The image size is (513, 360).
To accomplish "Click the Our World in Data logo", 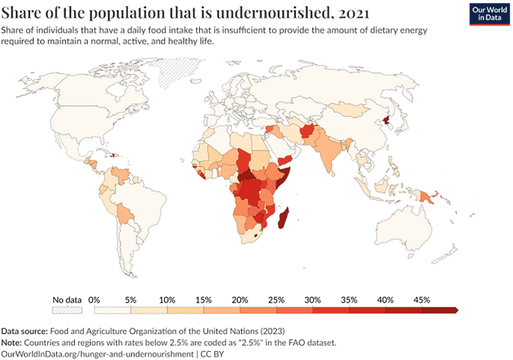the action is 490,14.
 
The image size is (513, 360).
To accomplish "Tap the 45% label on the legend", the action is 422,300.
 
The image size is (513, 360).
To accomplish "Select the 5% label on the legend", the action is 130,300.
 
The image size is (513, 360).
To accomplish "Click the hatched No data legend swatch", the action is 67,310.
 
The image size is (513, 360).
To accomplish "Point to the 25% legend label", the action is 276,300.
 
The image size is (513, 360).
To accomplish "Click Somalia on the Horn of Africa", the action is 285,177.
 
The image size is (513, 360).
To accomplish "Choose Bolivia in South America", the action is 125,213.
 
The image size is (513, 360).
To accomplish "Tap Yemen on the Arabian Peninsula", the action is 285,160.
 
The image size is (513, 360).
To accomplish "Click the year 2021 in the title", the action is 354,13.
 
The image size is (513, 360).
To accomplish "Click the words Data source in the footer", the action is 25,332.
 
